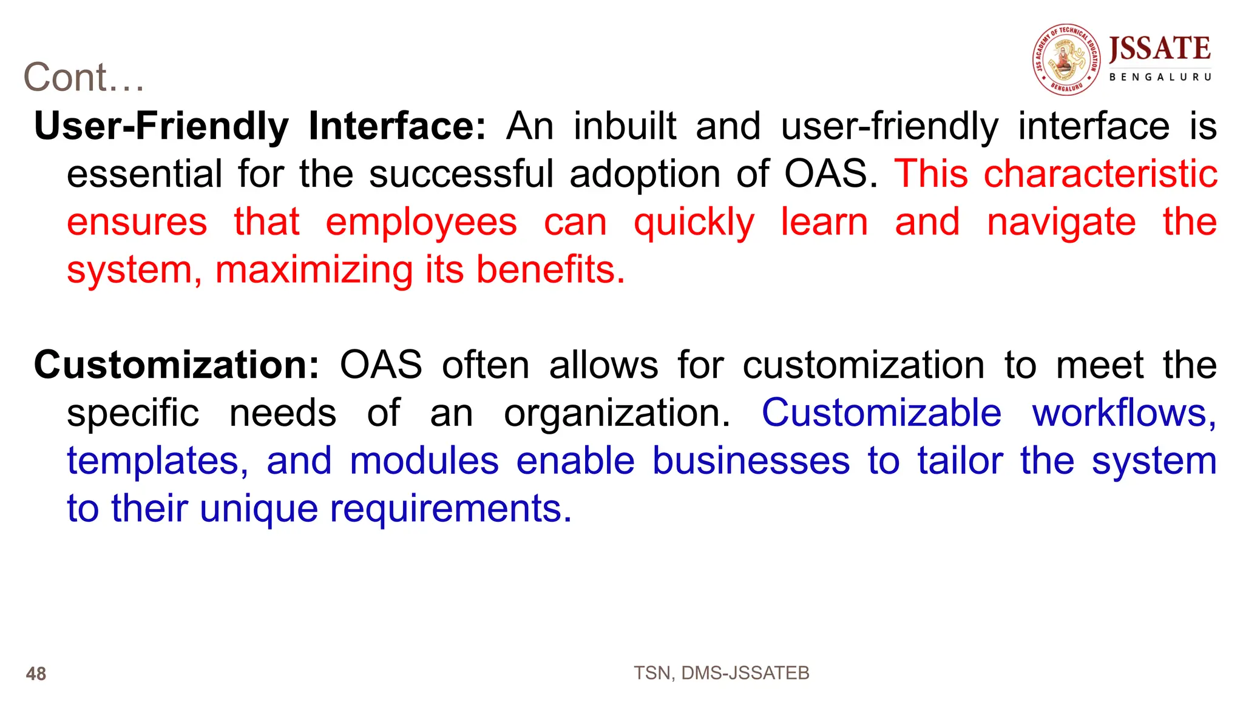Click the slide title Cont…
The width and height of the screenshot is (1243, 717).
pyautogui.click(x=84, y=78)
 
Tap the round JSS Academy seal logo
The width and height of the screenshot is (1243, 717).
pyautogui.click(x=1066, y=59)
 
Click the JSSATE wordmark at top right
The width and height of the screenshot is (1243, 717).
pyautogui.click(x=1160, y=49)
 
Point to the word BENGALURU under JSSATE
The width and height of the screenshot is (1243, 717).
pyautogui.click(x=1160, y=77)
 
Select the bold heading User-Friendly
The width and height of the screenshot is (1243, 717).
pyautogui.click(x=161, y=126)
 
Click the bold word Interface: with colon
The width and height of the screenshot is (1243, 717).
pyautogui.click(x=397, y=126)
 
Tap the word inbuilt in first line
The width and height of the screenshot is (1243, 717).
pyautogui.click(x=625, y=126)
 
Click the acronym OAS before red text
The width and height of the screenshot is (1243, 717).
pyautogui.click(x=830, y=174)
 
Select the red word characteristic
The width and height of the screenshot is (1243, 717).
pyautogui.click(x=1100, y=174)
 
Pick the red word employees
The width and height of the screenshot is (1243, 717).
pyautogui.click(x=421, y=222)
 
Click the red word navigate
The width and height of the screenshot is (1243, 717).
pyautogui.click(x=1061, y=222)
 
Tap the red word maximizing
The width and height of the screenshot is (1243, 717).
pyautogui.click(x=314, y=270)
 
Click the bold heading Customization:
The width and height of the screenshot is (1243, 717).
pyautogui.click(x=176, y=365)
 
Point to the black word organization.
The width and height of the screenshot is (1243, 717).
pyautogui.click(x=617, y=413)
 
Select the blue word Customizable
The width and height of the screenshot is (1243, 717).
pyautogui.click(x=881, y=413)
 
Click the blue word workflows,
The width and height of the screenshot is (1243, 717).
pyautogui.click(x=1124, y=413)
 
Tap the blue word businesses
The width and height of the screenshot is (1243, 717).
pyautogui.click(x=751, y=461)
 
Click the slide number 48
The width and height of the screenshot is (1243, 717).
pyautogui.click(x=36, y=674)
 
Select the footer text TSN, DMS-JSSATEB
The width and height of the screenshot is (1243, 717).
pyautogui.click(x=721, y=673)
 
